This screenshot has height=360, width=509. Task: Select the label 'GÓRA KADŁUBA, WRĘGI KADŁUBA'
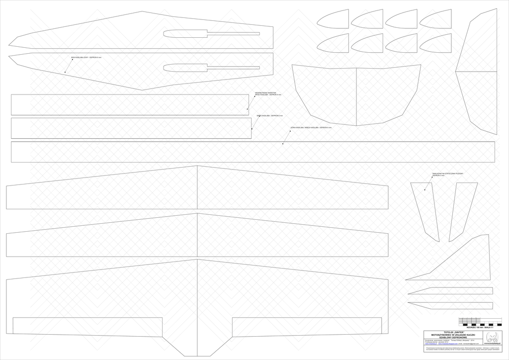click(311, 128)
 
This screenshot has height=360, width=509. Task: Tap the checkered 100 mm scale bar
click(476, 321)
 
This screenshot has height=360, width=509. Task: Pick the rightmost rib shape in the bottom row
click(435, 44)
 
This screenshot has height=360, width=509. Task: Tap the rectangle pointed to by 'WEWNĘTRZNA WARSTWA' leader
click(129, 104)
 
